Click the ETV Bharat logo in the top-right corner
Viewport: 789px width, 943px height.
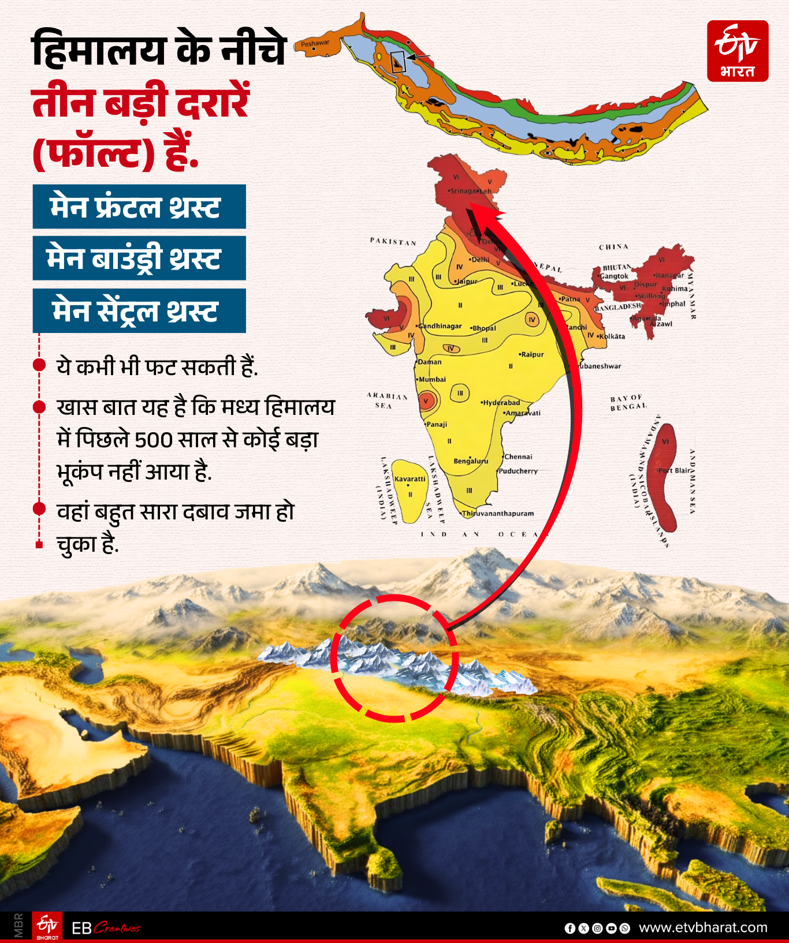pos(738,51)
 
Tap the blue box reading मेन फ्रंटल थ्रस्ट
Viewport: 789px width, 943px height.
pos(139,207)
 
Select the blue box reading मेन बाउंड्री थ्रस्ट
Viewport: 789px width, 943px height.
pos(139,258)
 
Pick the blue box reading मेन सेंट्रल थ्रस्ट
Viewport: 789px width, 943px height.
pos(139,310)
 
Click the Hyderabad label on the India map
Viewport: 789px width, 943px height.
pos(501,402)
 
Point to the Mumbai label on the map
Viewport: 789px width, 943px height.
pos(431,379)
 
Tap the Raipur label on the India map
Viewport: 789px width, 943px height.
pos(531,354)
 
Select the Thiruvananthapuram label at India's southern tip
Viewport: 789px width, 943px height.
pos(497,513)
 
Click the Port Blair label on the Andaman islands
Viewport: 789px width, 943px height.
pos(673,470)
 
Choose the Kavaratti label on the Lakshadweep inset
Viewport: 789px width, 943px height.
pos(410,479)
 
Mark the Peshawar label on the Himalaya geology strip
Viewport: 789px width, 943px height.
pos(315,43)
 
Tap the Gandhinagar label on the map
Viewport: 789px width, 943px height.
pos(440,326)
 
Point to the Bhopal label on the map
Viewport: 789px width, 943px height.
pos(483,328)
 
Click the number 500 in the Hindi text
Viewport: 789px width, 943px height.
pos(154,440)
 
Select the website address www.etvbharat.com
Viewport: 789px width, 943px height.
pos(703,927)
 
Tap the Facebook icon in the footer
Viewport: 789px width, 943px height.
pos(570,928)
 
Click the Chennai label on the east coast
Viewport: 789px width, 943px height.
pos(518,456)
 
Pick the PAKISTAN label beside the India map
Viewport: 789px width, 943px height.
pos(393,241)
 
